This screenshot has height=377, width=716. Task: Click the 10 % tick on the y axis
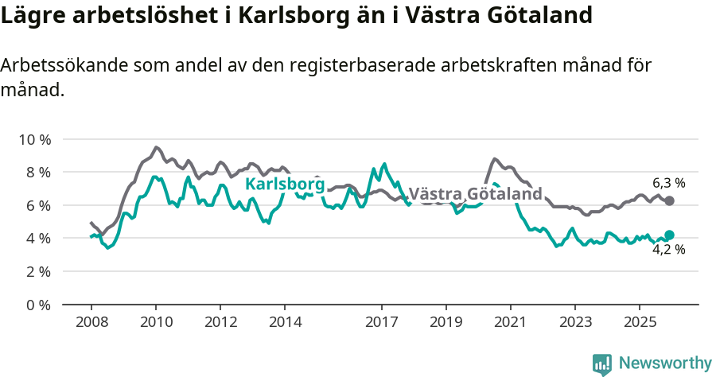[34, 139]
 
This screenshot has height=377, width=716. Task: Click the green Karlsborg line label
[285, 185]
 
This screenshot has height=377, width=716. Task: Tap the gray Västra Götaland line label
[475, 194]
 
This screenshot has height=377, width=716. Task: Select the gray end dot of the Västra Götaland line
[669, 200]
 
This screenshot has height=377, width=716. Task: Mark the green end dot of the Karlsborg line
[669, 235]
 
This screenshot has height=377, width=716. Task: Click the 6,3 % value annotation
[668, 183]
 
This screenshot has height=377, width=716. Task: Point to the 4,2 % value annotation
[668, 251]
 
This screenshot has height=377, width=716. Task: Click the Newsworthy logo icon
[602, 363]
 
